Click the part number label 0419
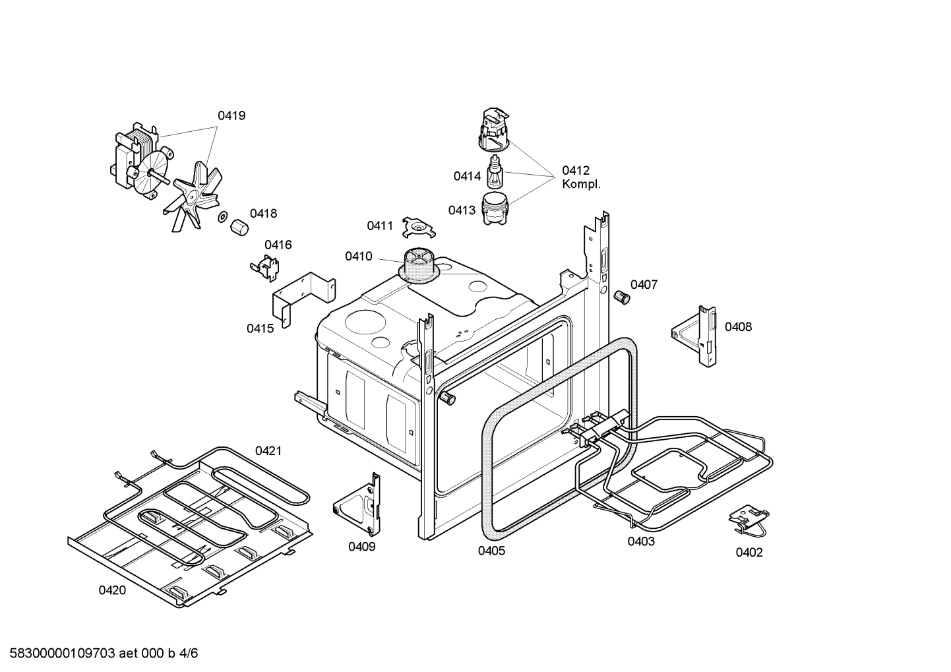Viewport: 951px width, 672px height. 231,116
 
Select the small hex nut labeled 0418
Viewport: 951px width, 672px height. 239,228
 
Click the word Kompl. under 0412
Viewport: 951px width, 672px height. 581,185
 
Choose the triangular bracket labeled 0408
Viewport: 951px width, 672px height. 695,334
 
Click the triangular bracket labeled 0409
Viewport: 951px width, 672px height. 360,505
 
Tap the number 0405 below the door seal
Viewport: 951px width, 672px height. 491,551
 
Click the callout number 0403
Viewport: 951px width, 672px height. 641,541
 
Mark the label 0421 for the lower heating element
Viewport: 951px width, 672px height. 268,451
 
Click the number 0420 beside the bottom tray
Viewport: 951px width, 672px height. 112,590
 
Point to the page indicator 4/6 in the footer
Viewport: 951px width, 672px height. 189,654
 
